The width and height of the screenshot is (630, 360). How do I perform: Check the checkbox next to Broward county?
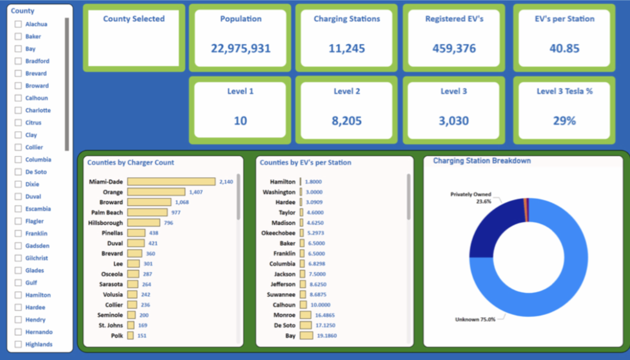coord(18,86)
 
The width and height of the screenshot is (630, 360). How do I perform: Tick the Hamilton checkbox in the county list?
coord(18,295)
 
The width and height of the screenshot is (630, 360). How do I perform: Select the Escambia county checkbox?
coord(18,209)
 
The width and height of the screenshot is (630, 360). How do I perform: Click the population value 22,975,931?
coord(240,49)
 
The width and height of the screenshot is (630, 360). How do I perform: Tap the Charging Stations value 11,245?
coord(346,49)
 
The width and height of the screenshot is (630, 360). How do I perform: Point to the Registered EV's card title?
coord(454,19)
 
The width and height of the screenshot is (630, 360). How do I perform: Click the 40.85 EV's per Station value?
coord(564,49)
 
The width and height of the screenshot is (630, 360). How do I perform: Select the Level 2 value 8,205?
coord(346,121)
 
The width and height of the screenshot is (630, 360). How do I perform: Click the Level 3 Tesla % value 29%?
coord(564,121)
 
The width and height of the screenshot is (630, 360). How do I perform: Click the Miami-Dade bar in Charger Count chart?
coord(171,182)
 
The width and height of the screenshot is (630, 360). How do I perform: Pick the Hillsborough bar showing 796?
coord(143,223)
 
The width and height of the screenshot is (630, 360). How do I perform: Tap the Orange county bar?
coord(156,192)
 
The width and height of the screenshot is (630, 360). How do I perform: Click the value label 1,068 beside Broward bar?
coord(182,203)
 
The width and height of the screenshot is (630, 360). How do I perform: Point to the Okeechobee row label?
coord(278,233)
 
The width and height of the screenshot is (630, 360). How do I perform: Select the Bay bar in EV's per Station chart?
coord(306,336)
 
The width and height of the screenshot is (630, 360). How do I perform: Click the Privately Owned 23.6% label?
coord(471,198)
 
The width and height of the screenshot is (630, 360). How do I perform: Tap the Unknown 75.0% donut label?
coord(475,319)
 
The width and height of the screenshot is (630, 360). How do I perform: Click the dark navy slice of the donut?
coord(491,226)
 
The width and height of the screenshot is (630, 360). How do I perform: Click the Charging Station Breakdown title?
coord(481,161)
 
